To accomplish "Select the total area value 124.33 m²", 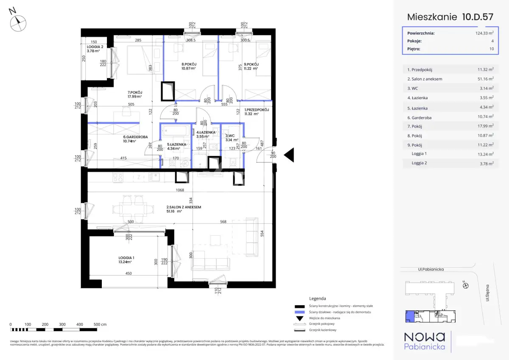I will click(x=484, y=33).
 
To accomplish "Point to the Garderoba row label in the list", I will click(x=420, y=117).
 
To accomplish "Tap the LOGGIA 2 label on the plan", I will click(x=95, y=47).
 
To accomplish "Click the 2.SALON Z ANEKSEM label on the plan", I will click(x=183, y=207).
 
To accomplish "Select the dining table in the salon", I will click(x=132, y=208).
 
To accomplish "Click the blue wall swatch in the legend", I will click(x=300, y=312).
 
